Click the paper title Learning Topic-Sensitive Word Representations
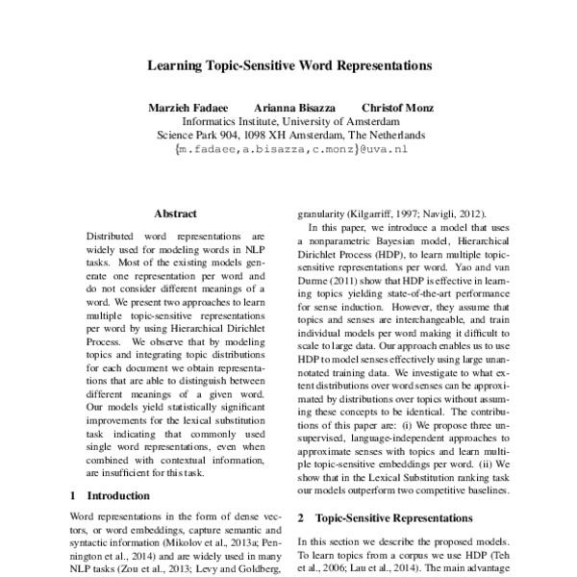pyautogui.click(x=288, y=68)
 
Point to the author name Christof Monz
pyautogui.click(x=395, y=108)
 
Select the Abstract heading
pyautogui.click(x=175, y=213)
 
